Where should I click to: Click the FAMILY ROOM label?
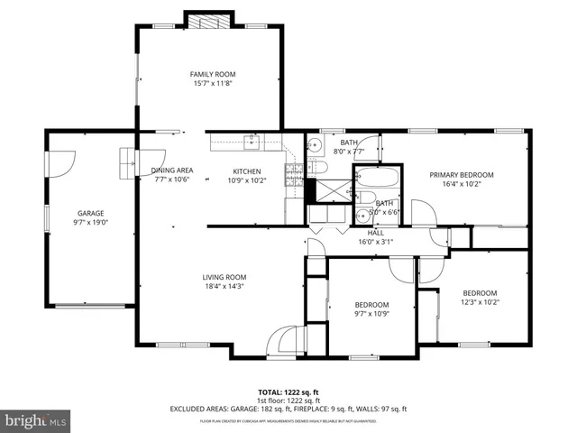click(213, 74)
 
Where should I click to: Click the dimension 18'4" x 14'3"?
click(224, 286)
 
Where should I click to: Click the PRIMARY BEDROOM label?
click(461, 174)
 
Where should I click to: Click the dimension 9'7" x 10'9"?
click(371, 315)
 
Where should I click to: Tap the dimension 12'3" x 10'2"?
click(480, 302)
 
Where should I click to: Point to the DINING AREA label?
click(172, 170)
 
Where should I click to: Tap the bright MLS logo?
click(36, 420)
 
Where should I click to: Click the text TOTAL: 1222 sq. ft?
click(288, 392)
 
